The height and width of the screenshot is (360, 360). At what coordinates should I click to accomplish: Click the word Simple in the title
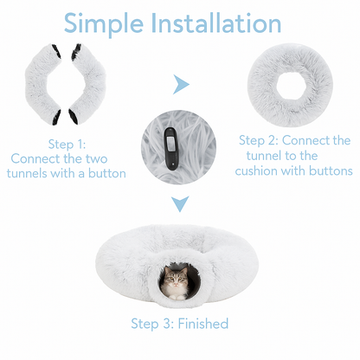click(104, 23)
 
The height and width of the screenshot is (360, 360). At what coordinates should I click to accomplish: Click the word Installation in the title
click(215, 22)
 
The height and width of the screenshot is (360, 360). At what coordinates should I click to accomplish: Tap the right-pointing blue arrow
click(181, 84)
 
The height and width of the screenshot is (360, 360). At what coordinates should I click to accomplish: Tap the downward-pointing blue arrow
click(180, 203)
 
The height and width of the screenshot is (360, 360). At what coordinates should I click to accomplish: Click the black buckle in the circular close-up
click(171, 148)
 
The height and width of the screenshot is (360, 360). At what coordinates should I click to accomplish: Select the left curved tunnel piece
click(43, 84)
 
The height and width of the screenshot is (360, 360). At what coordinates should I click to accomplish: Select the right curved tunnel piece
click(89, 84)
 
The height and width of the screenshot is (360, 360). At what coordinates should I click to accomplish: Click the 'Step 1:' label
click(67, 145)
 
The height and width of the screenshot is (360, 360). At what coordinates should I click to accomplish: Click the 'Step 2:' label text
click(258, 140)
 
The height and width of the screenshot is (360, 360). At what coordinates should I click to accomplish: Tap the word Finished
click(203, 324)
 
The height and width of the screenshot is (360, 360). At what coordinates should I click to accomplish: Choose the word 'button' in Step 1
click(107, 173)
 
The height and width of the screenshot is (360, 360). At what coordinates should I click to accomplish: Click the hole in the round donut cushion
click(290, 86)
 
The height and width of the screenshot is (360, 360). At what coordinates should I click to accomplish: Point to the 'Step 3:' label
click(152, 324)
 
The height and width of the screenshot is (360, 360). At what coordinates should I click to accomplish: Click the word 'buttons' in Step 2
click(331, 170)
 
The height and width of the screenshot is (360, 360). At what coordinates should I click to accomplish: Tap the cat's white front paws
click(177, 297)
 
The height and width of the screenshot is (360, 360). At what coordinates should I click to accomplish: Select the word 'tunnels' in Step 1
click(27, 173)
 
